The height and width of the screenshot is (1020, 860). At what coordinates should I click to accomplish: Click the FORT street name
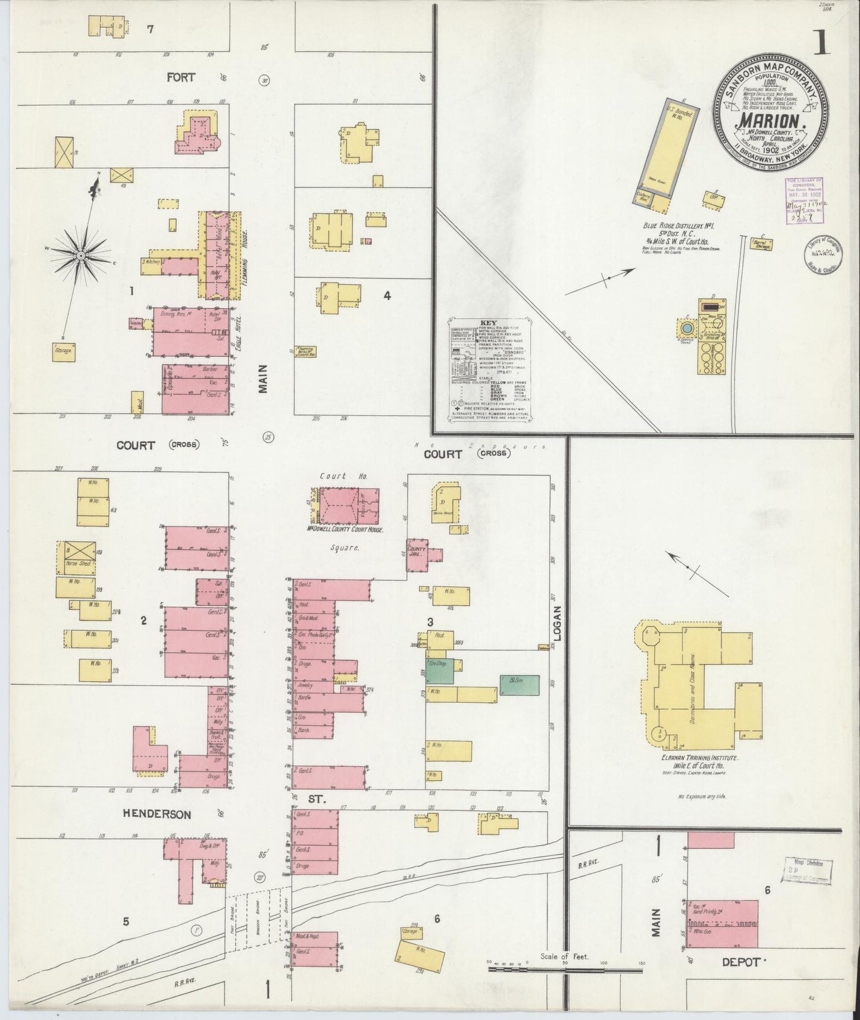coord(181,77)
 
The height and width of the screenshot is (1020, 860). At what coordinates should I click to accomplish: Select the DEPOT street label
coord(740,962)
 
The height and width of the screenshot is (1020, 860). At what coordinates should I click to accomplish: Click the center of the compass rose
coord(80,256)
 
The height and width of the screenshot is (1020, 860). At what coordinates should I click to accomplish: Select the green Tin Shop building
coord(440,670)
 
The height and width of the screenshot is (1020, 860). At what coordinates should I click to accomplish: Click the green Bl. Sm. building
coord(520,685)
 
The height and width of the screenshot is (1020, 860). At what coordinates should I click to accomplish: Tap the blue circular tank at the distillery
coord(687,328)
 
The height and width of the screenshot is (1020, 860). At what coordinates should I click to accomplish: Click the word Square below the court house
coord(348,548)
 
